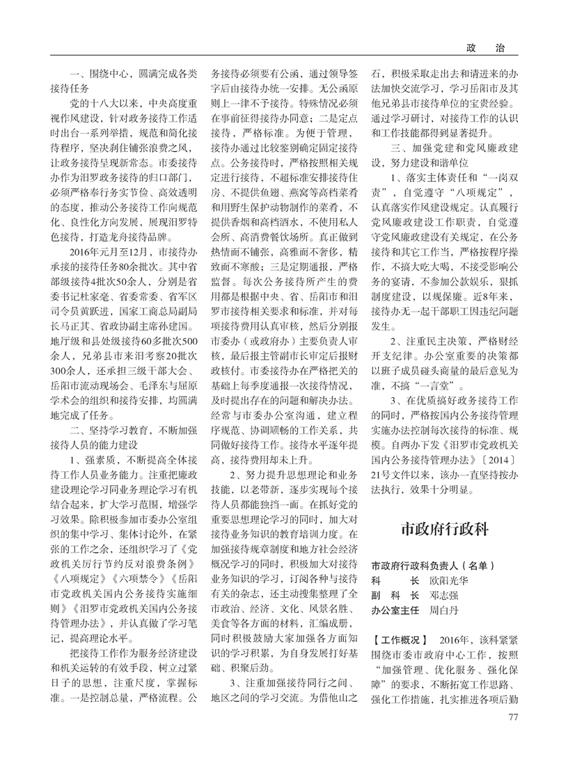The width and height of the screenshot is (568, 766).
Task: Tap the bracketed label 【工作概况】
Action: (399, 639)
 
